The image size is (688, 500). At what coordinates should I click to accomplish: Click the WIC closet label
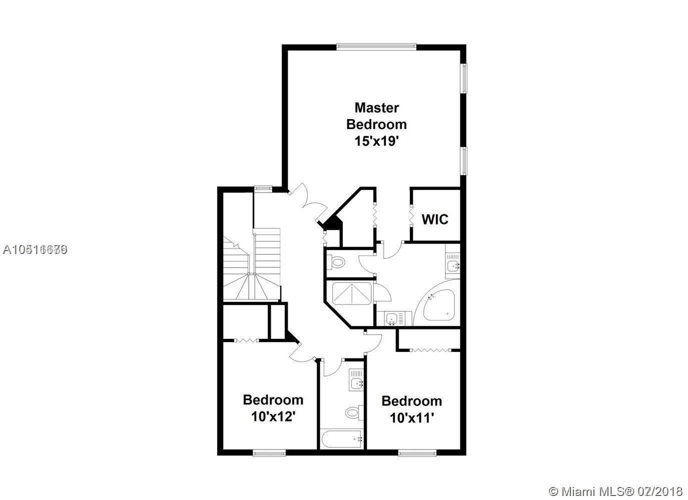coord(435,219)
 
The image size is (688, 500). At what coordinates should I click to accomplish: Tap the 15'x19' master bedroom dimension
coord(376,141)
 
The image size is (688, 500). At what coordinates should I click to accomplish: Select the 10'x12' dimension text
coord(272,416)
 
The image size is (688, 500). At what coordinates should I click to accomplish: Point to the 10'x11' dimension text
coord(411,417)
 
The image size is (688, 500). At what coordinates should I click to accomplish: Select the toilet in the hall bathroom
coord(353,412)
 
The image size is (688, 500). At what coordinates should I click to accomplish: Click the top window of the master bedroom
coord(376,47)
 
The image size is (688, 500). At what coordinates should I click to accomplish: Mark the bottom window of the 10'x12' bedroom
coord(269,453)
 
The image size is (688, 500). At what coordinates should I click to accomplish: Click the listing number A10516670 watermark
coord(35,249)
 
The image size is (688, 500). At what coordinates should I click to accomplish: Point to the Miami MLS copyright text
coord(617,491)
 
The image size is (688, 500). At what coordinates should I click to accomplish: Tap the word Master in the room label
coord(376,107)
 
